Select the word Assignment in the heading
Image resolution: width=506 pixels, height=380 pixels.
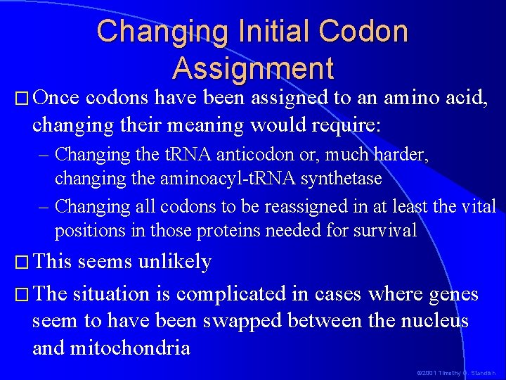point(253,68)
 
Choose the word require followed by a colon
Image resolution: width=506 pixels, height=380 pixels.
point(344,127)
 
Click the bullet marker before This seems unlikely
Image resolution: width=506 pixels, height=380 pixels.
point(20,262)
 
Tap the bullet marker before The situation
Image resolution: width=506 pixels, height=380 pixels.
point(20,293)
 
